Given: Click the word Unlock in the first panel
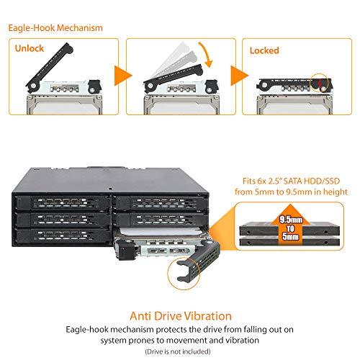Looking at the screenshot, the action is click(x=30, y=48).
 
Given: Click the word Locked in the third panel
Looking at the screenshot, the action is click(x=264, y=50).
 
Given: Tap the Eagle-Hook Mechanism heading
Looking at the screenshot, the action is click(x=55, y=28).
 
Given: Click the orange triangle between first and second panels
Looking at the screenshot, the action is click(x=123, y=76).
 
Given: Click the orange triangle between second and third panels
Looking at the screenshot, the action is click(x=239, y=76).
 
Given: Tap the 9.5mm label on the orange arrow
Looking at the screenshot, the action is click(x=291, y=220).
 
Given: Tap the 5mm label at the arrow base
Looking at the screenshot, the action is click(x=290, y=237).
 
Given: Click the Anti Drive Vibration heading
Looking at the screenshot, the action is click(x=181, y=316).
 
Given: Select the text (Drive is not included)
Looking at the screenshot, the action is click(x=178, y=351).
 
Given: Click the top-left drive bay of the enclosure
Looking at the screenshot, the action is click(x=62, y=203).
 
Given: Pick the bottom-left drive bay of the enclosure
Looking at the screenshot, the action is click(x=63, y=235).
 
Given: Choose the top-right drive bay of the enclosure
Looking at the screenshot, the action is click(x=160, y=203).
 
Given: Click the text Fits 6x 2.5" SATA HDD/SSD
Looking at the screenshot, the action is click(x=291, y=181).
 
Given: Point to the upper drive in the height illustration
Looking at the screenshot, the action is click(x=289, y=229).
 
